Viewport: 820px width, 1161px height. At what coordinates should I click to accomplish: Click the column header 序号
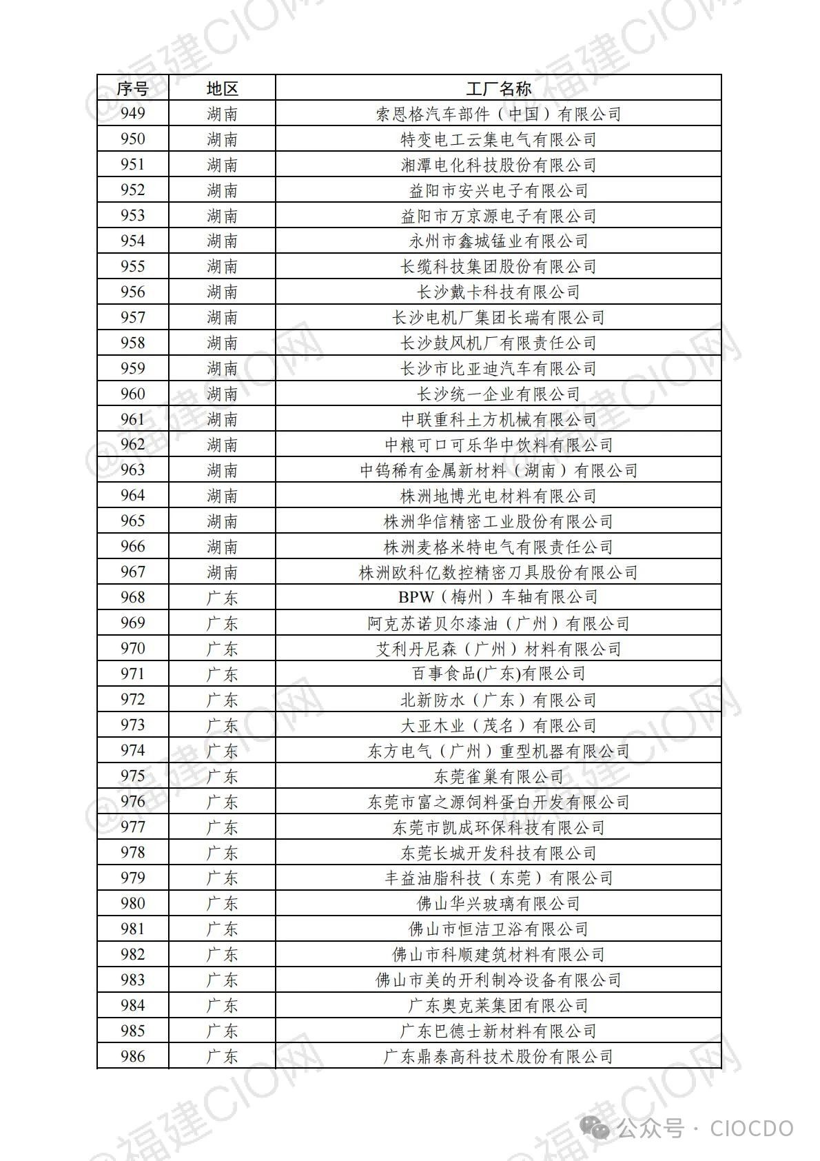(132, 89)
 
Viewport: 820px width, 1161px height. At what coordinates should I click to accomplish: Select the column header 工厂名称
(498, 89)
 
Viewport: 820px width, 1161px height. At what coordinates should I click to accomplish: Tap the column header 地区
(222, 89)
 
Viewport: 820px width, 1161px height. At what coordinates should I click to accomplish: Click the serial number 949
(132, 113)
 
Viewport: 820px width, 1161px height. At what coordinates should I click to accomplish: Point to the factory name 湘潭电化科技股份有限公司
(498, 165)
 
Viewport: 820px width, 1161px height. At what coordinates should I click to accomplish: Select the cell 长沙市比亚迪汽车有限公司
(498, 368)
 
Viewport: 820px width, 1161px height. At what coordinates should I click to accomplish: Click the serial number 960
(132, 394)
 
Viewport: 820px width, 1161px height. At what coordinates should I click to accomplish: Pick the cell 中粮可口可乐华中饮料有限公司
(498, 445)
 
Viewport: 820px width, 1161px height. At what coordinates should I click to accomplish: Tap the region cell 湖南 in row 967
(222, 572)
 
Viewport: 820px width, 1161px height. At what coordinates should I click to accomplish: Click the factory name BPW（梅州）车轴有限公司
(498, 597)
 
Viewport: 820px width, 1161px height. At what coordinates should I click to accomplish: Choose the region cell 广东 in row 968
(222, 598)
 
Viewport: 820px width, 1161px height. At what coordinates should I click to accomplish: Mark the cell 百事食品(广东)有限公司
(498, 674)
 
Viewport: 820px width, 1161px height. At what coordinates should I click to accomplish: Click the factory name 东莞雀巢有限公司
(498, 776)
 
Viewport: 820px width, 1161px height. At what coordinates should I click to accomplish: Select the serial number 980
(132, 903)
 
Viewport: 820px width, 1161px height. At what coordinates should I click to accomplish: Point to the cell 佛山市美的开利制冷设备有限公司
(498, 980)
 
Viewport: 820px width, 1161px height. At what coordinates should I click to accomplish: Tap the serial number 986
(132, 1056)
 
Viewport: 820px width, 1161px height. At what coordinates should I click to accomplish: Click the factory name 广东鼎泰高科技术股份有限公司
(498, 1056)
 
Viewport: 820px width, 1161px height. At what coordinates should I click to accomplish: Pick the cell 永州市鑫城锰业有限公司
(498, 241)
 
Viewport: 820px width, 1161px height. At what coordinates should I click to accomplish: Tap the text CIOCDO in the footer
(752, 1129)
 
